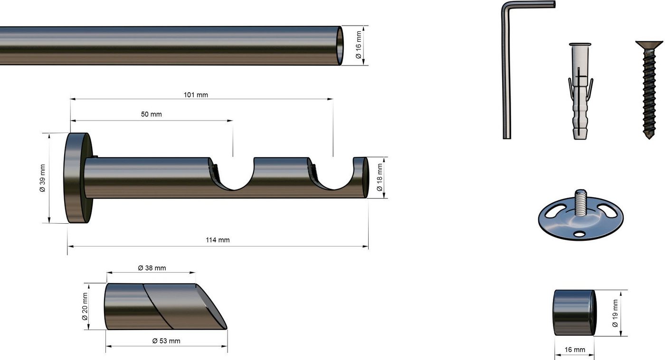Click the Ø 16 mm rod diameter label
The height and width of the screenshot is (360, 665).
tap(358, 45)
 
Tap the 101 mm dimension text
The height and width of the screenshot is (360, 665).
tap(196, 95)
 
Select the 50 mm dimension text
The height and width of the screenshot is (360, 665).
tap(151, 114)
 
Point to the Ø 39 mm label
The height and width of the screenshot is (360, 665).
tap(42, 178)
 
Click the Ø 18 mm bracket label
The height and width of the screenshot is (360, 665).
tap(380, 178)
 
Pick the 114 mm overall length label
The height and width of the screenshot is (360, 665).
tap(218, 240)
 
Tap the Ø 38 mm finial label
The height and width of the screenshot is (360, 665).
tap(152, 268)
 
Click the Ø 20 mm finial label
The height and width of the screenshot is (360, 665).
tap(85, 307)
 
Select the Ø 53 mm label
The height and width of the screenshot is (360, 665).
tap(166, 341)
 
